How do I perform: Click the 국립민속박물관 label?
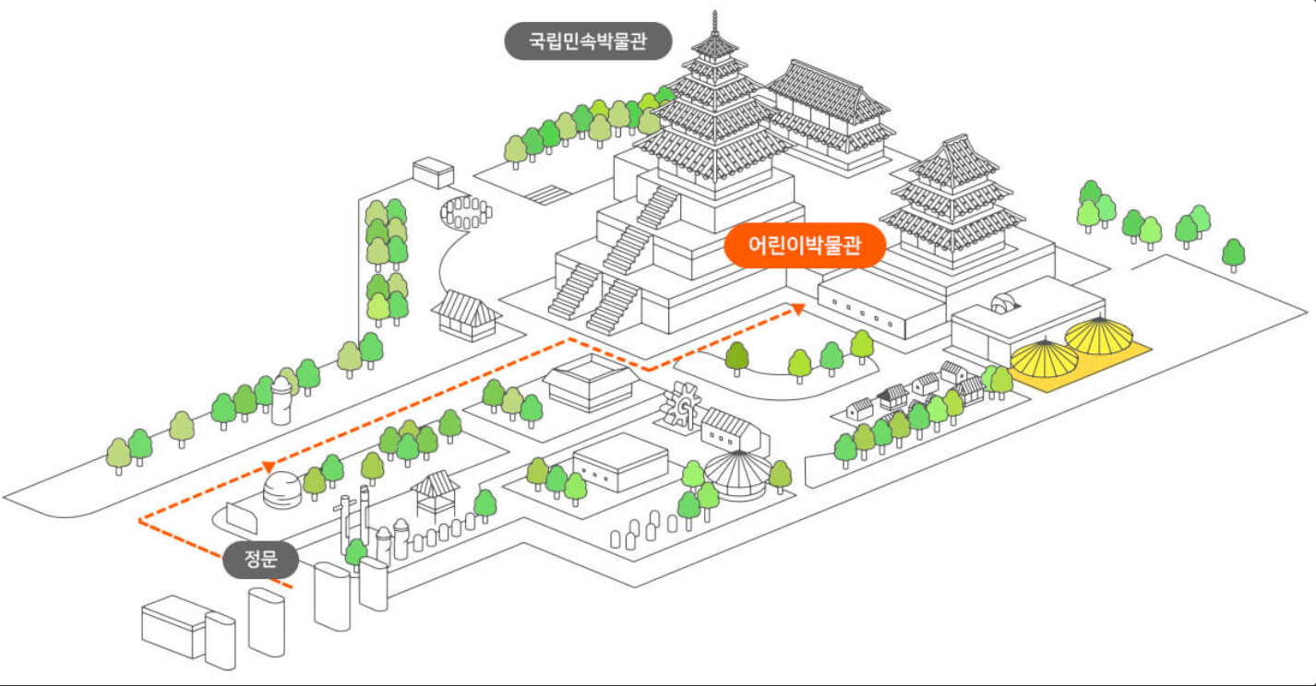click(x=588, y=41)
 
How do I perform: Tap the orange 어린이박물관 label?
click(x=805, y=246)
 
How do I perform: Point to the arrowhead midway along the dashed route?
click(x=269, y=466)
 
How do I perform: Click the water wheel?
click(x=684, y=408)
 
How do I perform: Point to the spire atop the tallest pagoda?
click(x=715, y=20)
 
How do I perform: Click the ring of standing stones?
click(x=467, y=211)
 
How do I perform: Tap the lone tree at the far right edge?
click(x=1233, y=254)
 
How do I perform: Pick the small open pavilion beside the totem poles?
click(x=435, y=492)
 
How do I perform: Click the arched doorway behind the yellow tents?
click(x=1002, y=303)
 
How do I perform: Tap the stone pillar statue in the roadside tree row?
click(x=282, y=403)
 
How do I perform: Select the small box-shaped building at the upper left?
click(x=433, y=172)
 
